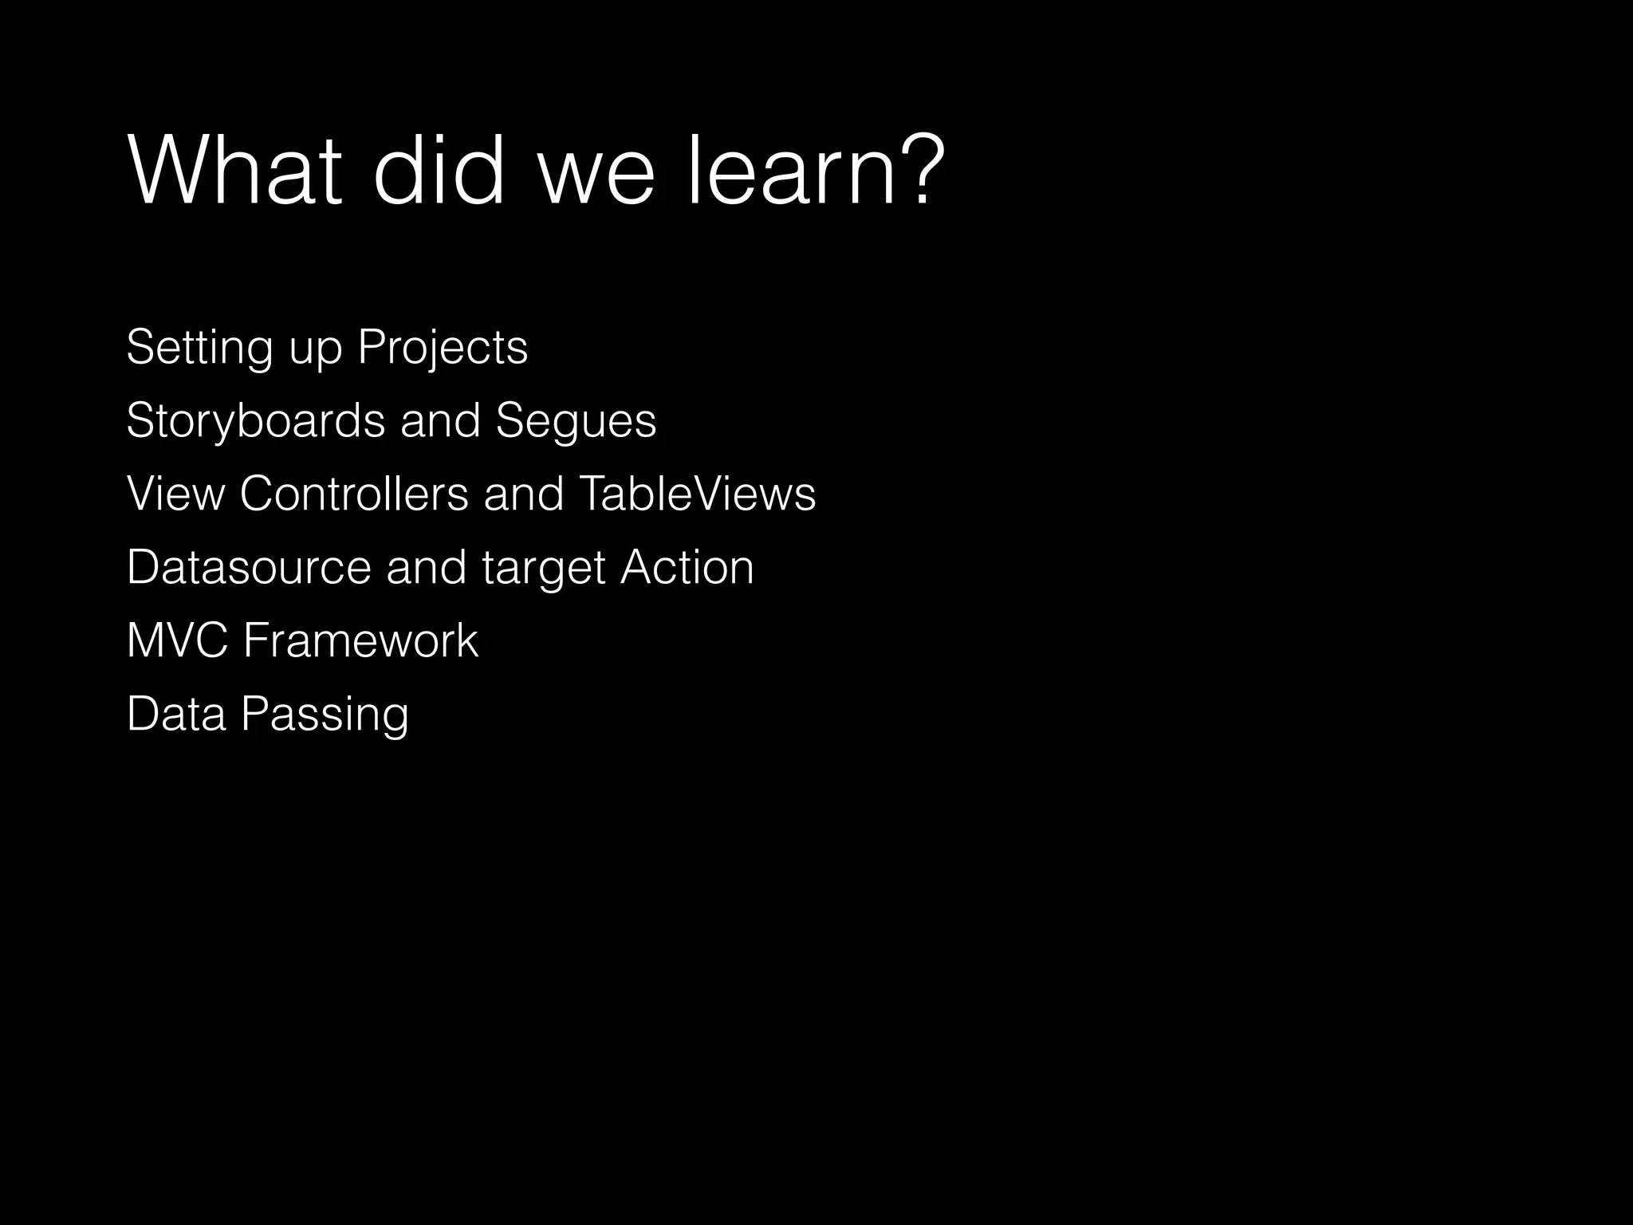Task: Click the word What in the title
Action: tap(235, 171)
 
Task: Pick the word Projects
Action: tap(443, 348)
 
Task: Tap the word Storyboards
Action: tap(255, 421)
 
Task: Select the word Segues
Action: tap(576, 421)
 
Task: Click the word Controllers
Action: tap(354, 494)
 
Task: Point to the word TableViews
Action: tap(698, 494)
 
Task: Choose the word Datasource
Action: tap(249, 567)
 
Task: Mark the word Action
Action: tap(687, 567)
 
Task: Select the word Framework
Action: tap(360, 640)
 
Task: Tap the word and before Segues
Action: tap(440, 421)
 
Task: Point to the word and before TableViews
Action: tap(524, 494)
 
